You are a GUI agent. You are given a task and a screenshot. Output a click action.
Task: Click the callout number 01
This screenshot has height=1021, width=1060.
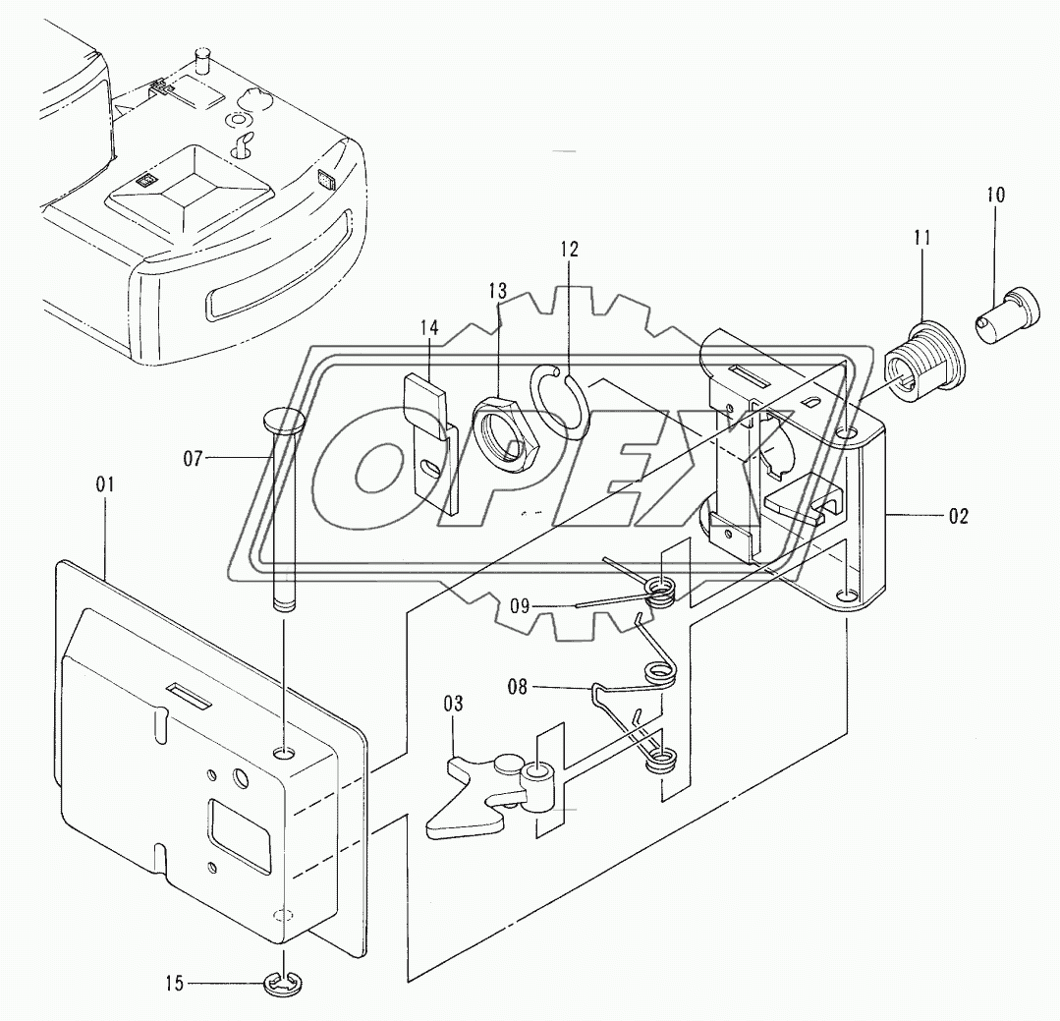click(105, 483)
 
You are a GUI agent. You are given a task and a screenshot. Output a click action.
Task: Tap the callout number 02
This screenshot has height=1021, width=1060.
click(959, 516)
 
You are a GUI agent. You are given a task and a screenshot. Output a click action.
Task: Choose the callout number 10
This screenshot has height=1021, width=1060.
click(995, 195)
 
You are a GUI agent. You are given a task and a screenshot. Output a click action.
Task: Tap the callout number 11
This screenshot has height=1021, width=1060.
click(923, 238)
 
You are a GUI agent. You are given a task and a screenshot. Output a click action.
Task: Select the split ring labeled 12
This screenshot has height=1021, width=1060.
click(561, 399)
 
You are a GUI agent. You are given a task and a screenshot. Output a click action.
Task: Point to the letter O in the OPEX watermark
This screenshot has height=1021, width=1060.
click(379, 472)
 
